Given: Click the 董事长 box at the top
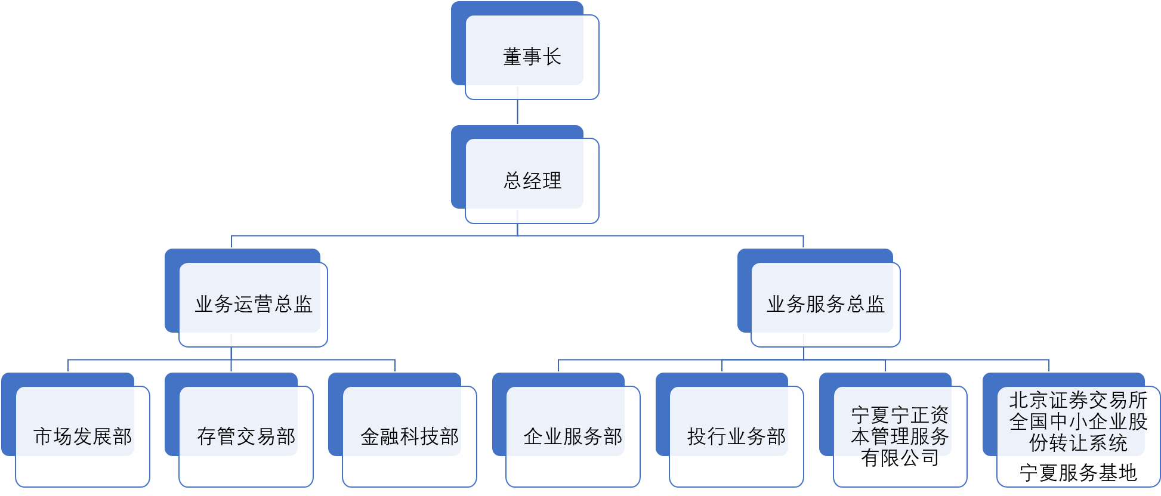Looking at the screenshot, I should coord(532,57).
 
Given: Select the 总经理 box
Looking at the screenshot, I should coord(532,181).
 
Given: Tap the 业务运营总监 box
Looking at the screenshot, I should coord(253,305).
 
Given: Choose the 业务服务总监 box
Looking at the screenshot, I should coord(825,305).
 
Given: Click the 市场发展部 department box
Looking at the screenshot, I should coord(82,437).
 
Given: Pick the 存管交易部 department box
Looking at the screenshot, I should coord(246,437).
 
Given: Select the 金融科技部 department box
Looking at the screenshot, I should coord(409,437).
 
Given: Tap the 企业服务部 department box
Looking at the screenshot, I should coord(573,437).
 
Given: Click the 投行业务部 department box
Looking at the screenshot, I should coord(736,437).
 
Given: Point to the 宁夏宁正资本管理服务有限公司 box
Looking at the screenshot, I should coord(900,437).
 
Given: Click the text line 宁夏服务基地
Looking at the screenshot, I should coord(1078,473).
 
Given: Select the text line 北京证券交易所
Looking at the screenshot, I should coord(1078,400).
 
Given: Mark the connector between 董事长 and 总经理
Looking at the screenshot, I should coord(517,112).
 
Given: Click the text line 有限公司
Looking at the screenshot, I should coord(900,458).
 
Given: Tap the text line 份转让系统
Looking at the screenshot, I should coord(1078,443).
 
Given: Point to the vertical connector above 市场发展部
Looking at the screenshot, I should coord(68,365).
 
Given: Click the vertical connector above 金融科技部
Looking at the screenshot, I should coord(395,365).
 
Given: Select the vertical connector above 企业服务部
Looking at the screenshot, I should coord(558,365).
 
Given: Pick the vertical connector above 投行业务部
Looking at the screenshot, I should coord(722,365).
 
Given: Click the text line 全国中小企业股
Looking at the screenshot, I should coord(1078,421).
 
